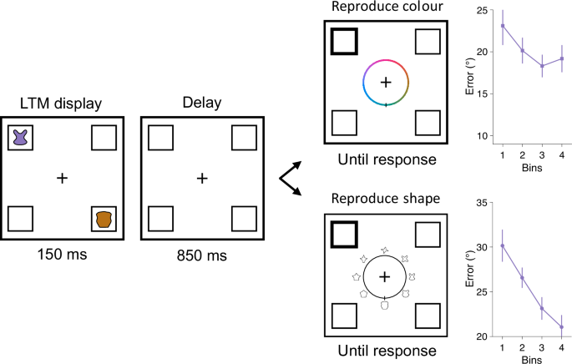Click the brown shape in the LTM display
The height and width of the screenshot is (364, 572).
104,219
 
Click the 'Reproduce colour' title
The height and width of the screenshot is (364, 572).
385,8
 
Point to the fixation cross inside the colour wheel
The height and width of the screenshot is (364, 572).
385,82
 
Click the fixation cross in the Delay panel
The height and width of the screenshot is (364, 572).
201,177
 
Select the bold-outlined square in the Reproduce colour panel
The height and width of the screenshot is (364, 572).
344,41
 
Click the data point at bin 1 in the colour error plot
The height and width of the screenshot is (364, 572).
503,26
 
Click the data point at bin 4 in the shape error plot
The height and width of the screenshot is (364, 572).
561,327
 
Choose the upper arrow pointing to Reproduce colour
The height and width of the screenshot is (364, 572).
293,162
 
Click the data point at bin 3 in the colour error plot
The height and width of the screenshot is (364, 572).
542,66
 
